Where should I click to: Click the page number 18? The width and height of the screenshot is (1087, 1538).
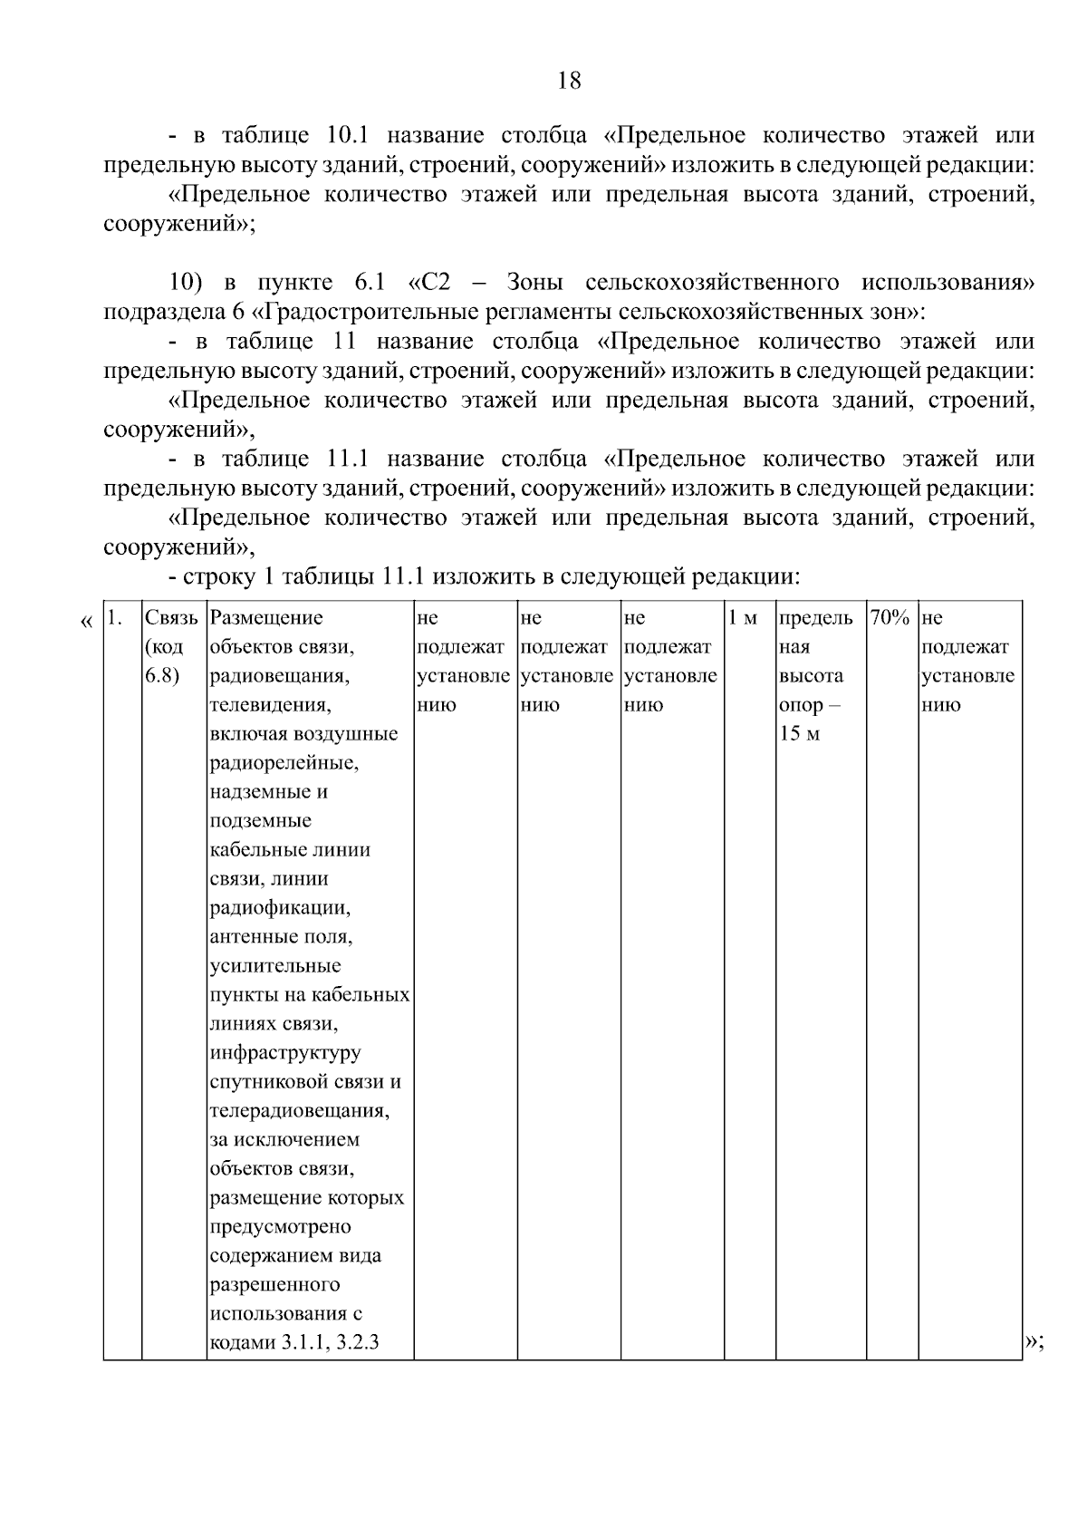tap(569, 81)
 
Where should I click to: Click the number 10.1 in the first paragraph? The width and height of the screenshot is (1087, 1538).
tap(344, 136)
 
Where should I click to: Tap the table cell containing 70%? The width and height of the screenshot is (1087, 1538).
tap(890, 618)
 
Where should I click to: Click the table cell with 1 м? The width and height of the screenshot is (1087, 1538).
tap(743, 618)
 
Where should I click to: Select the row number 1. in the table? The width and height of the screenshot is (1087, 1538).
tap(114, 618)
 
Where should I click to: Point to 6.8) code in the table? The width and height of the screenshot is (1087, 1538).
tap(161, 676)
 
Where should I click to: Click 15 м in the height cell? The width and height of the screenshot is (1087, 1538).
tap(799, 734)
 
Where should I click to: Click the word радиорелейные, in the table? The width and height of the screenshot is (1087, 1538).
tap(284, 763)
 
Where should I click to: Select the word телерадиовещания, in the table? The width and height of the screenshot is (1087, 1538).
tap(300, 1110)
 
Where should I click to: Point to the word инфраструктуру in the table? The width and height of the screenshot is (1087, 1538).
tap(285, 1052)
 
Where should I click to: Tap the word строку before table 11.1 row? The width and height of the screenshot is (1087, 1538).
tap(215, 576)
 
